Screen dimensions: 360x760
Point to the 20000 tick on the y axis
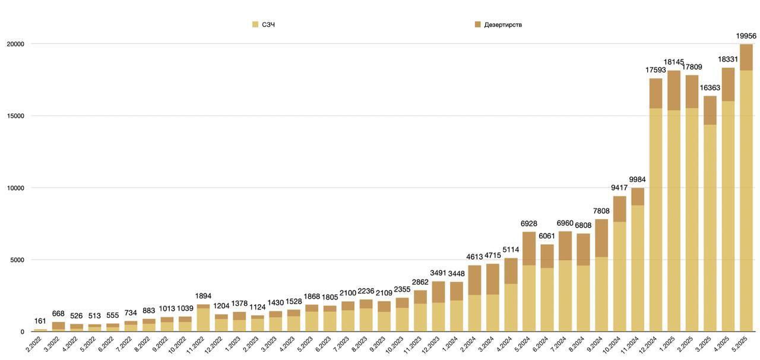point(15,44)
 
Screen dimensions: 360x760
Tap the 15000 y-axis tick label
point(15,116)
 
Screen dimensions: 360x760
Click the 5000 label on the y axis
point(17,260)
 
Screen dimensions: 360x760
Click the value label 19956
point(746,36)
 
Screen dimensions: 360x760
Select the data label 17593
point(655,70)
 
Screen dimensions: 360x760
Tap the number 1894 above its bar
point(203,296)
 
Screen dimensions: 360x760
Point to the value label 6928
point(529,223)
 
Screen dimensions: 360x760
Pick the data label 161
point(40,321)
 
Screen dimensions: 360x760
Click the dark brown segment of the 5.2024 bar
point(529,248)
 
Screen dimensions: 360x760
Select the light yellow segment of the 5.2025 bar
point(746,202)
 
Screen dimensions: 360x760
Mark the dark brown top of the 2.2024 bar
point(474,280)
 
